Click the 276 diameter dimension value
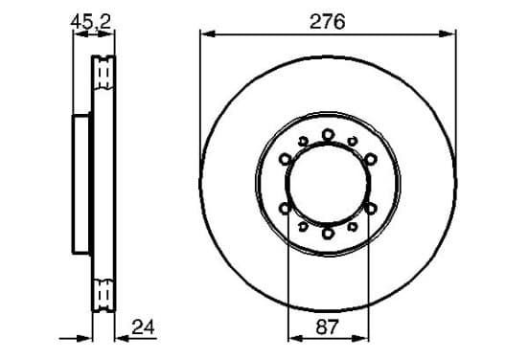[327, 22]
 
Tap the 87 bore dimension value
[327, 326]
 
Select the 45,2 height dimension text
[90, 22]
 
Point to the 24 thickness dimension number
[143, 326]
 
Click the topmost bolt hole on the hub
[328, 135]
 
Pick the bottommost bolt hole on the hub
[328, 233]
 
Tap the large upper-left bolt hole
[286, 159]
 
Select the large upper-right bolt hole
[371, 159]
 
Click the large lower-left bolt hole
[286, 209]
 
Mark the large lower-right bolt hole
[371, 209]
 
